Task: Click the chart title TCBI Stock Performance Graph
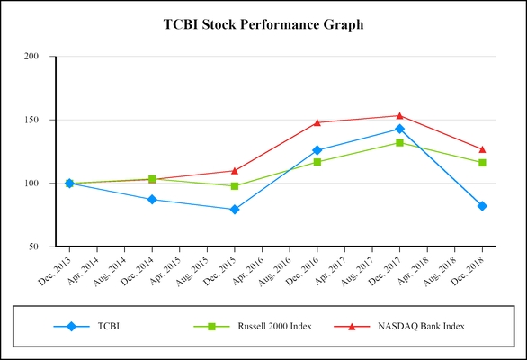pyautogui.click(x=263, y=24)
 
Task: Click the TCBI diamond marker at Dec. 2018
pyautogui.click(x=482, y=206)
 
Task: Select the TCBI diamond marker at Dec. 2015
pyautogui.click(x=235, y=210)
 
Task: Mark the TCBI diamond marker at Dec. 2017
pyautogui.click(x=399, y=129)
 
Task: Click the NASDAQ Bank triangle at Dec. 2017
pyautogui.click(x=399, y=115)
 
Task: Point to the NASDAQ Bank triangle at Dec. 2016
pyautogui.click(x=317, y=122)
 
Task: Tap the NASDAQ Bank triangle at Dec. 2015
pyautogui.click(x=235, y=170)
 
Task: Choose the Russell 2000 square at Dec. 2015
pyautogui.click(x=235, y=186)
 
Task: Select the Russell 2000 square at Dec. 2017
pyautogui.click(x=399, y=142)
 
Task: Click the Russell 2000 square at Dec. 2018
pyautogui.click(x=482, y=163)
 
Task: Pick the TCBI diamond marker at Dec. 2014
pyautogui.click(x=152, y=199)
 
